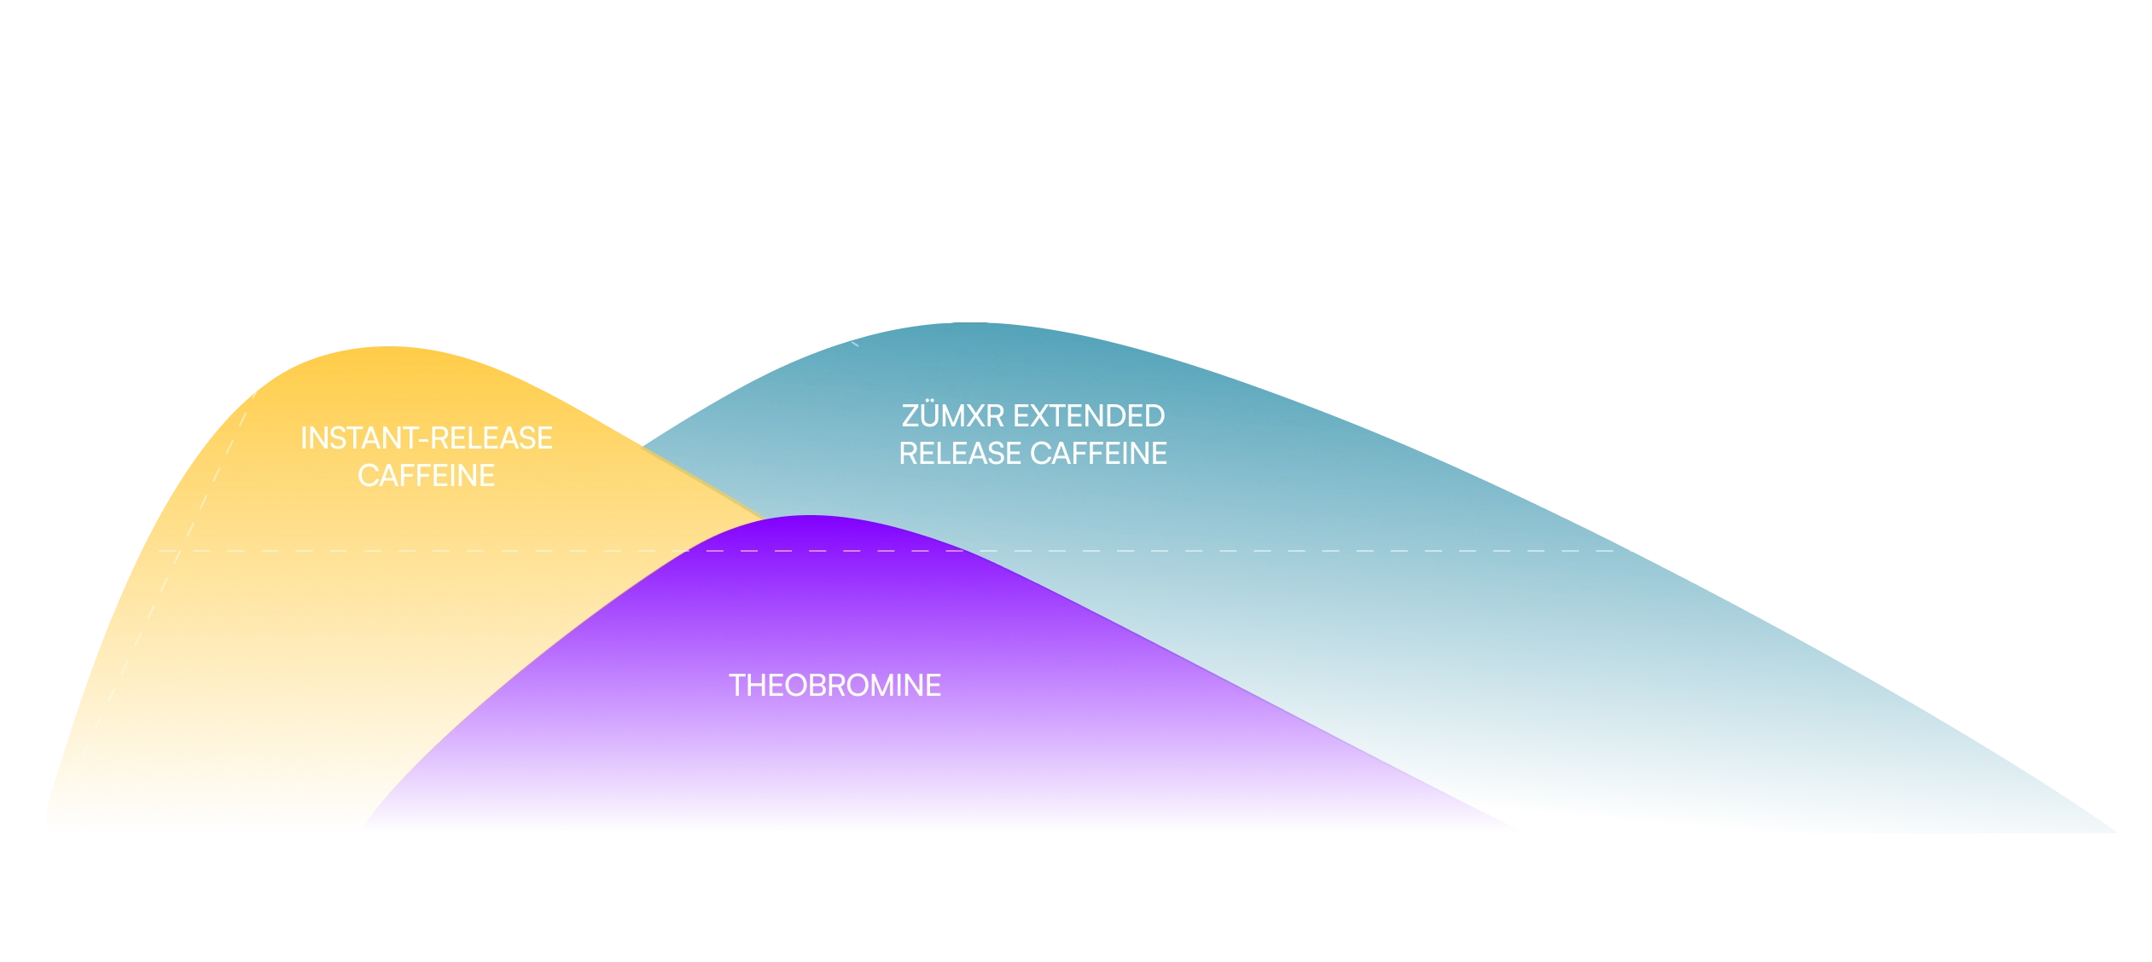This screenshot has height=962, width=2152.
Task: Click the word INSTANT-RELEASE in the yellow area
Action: tap(426, 438)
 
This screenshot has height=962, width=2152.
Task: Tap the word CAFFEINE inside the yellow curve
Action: tap(426, 476)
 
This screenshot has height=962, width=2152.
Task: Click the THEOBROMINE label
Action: tap(835, 686)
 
